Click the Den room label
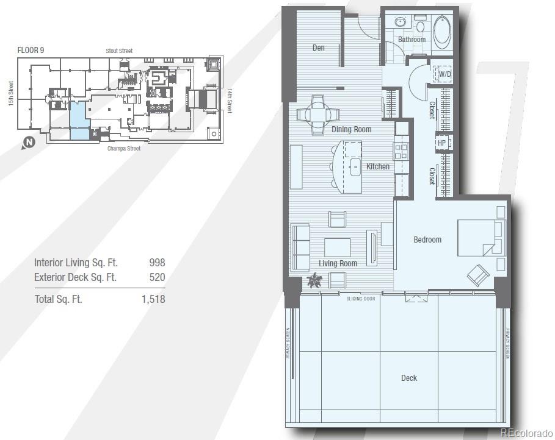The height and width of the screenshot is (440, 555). point(318,48)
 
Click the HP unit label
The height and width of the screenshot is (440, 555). point(441,143)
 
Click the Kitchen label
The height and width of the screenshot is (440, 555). point(378,166)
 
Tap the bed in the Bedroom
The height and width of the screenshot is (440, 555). point(481,238)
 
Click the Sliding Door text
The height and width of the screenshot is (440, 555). point(360,299)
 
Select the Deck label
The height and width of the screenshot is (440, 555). point(409,378)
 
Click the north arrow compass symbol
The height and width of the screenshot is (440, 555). point(27,143)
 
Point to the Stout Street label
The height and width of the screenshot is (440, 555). point(118,51)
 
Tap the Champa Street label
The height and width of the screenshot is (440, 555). point(124,149)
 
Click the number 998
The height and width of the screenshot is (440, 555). point(157,263)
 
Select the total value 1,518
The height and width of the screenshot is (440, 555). point(153,299)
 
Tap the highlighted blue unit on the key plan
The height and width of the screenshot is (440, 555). point(78,121)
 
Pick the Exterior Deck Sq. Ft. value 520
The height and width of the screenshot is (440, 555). point(157,277)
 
